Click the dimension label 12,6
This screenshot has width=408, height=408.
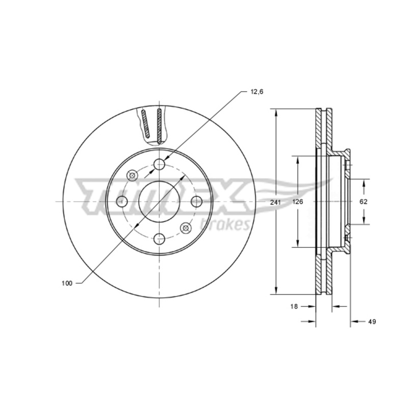pyautogui.click(x=257, y=92)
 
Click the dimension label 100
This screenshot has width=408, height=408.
pyautogui.click(x=67, y=284)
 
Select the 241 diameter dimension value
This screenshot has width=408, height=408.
pyautogui.click(x=275, y=202)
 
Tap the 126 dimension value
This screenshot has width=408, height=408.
pyautogui.click(x=298, y=201)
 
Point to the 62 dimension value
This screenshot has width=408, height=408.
pyautogui.click(x=364, y=201)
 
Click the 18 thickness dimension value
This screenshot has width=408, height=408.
pyautogui.click(x=294, y=307)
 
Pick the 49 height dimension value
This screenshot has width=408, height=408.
pyautogui.click(x=372, y=322)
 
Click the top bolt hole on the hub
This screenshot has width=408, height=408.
pyautogui.click(x=159, y=164)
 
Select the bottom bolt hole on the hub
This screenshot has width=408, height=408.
pyautogui.click(x=159, y=239)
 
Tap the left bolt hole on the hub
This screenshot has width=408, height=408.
pyautogui.click(x=122, y=201)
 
